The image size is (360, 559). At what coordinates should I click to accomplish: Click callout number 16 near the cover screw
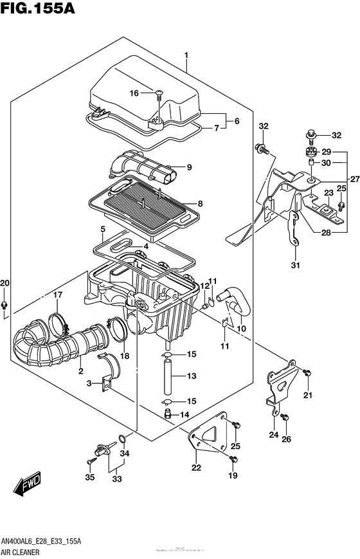tap(134, 93)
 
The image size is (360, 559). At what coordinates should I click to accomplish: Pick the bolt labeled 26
tap(286, 417)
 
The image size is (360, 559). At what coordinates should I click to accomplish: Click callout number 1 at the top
tap(186, 55)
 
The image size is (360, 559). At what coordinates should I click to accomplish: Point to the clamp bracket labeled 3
tap(104, 383)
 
